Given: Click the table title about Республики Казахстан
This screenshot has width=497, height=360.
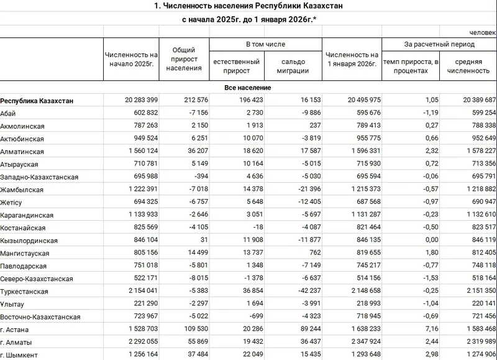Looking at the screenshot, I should [x=248, y=6].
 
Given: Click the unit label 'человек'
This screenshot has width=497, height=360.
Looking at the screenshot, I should [x=483, y=32].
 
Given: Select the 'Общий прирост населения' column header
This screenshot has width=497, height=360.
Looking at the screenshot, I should [x=184, y=59].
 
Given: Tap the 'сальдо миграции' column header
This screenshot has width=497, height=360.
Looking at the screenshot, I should [x=292, y=67].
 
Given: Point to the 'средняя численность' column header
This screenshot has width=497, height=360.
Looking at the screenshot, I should [x=468, y=67].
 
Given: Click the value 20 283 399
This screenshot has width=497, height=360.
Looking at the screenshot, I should [x=132, y=100].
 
